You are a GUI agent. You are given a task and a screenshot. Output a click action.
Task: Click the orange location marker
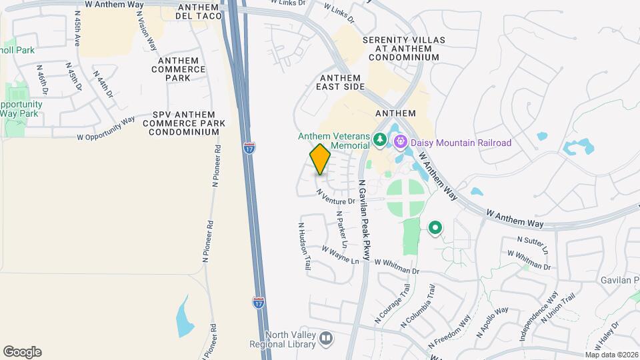pos(321,159)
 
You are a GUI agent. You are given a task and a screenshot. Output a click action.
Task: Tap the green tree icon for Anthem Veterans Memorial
pos(380,139)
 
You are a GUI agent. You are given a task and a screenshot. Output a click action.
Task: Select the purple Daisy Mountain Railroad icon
pos(400,141)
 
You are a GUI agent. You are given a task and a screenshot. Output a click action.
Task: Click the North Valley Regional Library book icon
pos(326,339)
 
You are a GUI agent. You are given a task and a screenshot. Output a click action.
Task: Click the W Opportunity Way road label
pos(106,129)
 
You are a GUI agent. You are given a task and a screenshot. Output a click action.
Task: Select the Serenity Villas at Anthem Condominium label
pos(401,49)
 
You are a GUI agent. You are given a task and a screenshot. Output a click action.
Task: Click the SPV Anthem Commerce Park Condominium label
pos(184,123)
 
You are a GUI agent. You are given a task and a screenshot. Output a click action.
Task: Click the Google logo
pos(22,351)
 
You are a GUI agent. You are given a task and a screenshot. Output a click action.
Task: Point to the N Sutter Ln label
pos(533,243)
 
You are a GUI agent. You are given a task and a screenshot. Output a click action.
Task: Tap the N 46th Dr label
pos(42,78)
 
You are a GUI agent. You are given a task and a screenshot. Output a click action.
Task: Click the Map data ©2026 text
pos(611,355)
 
